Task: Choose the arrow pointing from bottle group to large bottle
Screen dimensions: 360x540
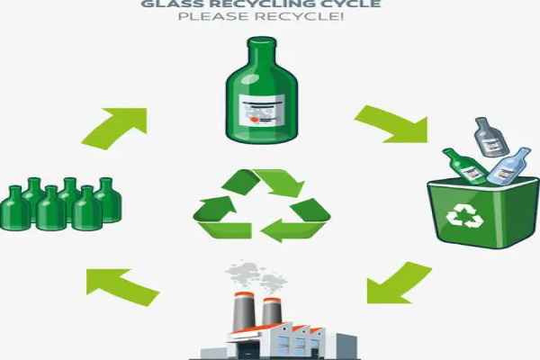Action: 116,126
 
